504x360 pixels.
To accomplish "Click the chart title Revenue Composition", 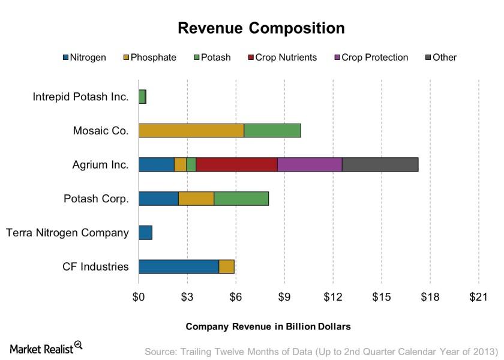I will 261,28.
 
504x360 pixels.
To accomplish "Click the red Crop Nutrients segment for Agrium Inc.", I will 236,164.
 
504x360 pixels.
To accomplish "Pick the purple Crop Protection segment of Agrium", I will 310,164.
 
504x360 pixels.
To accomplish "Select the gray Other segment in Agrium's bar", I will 380,164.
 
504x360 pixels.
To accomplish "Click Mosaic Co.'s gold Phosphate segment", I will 191,130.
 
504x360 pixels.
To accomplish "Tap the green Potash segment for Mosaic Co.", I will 272,130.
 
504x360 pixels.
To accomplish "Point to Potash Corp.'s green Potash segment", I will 241,199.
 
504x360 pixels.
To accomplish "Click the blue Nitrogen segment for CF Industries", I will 178,266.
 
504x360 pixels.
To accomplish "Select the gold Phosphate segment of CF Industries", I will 226,266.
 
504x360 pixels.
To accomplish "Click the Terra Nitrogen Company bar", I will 145,232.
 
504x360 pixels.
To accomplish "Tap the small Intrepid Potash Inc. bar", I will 142,97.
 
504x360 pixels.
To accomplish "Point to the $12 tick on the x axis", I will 333,296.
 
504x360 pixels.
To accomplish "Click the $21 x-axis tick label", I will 478,296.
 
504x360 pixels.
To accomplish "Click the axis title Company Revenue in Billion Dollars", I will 268,326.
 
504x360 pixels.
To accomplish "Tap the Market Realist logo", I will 46,347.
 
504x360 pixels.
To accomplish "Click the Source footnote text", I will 321,351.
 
